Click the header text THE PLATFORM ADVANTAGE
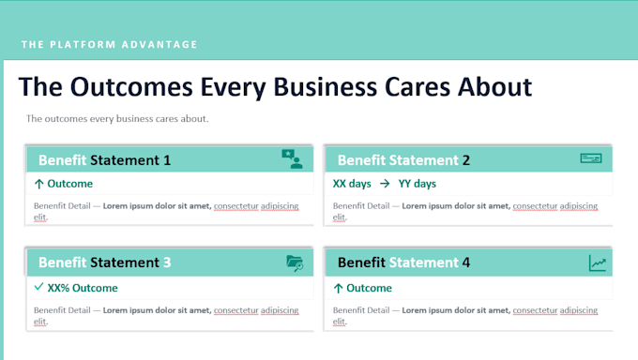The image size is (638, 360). (x=109, y=44)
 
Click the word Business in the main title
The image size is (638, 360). (x=325, y=86)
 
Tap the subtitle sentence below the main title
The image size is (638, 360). (x=117, y=119)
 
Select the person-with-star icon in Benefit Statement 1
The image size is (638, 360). (x=292, y=159)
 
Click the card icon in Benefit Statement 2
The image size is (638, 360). (x=591, y=158)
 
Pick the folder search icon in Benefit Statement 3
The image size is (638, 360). (x=295, y=263)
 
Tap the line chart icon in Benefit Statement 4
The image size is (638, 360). (x=598, y=263)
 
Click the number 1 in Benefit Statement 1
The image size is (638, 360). (x=167, y=160)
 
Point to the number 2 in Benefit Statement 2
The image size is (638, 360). (x=466, y=160)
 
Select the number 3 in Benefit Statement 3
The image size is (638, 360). (x=167, y=262)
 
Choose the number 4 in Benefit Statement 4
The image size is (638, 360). (x=466, y=262)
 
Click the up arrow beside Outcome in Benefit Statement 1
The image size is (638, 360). (x=39, y=184)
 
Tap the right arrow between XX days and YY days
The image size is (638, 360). (x=385, y=184)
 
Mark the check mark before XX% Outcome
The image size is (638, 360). (x=38, y=287)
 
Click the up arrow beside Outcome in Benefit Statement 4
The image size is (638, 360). (x=338, y=289)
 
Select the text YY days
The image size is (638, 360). (x=418, y=184)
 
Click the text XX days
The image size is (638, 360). (x=352, y=184)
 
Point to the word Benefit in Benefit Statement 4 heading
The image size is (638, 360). (x=361, y=262)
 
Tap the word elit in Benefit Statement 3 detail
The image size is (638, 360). (x=40, y=322)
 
